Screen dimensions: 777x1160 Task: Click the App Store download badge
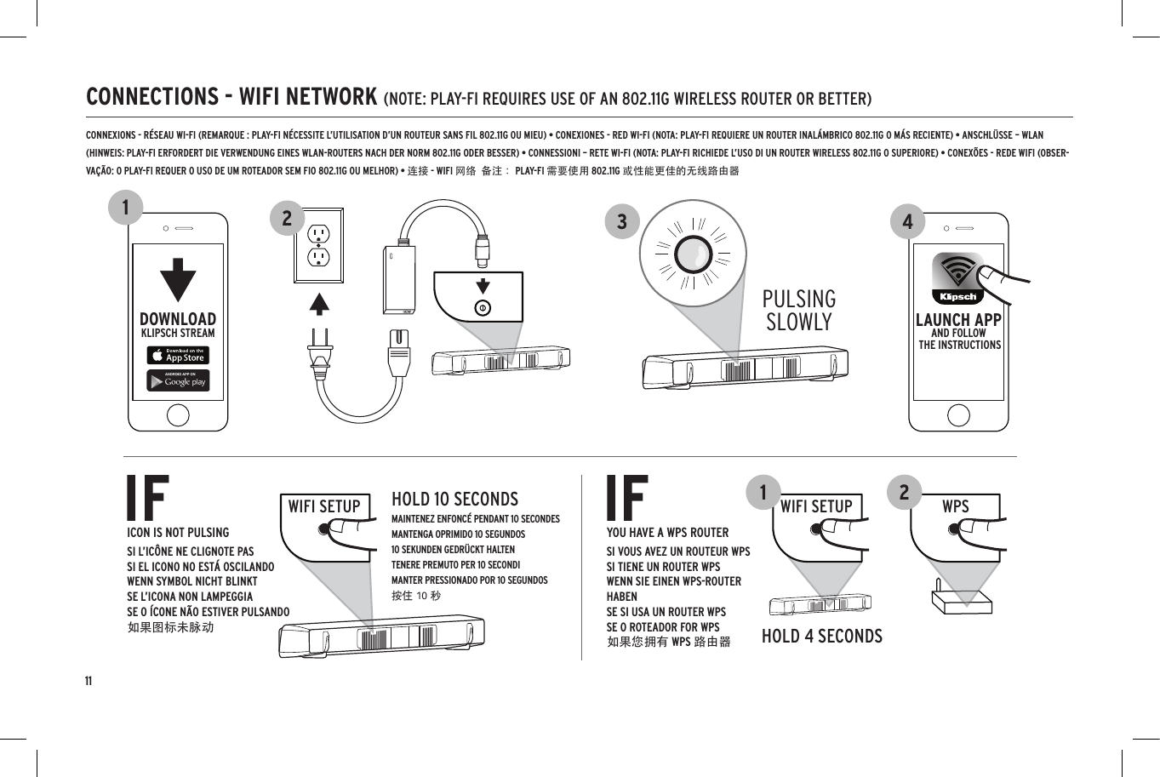[178, 355]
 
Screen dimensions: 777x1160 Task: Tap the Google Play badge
[178, 380]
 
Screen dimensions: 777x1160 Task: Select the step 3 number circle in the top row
[622, 222]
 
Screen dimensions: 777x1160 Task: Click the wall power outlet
[318, 245]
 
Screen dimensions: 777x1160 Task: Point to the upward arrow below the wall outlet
[318, 304]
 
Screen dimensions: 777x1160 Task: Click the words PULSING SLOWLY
[798, 311]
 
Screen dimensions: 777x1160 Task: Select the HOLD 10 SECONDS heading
[454, 500]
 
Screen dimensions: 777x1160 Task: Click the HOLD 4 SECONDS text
[821, 637]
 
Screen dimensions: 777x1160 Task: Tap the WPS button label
[955, 506]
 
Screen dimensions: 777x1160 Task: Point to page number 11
[89, 682]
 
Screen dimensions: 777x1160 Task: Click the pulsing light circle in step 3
[694, 254]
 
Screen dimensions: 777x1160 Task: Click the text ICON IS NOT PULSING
[178, 533]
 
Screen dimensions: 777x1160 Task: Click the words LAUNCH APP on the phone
[958, 320]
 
